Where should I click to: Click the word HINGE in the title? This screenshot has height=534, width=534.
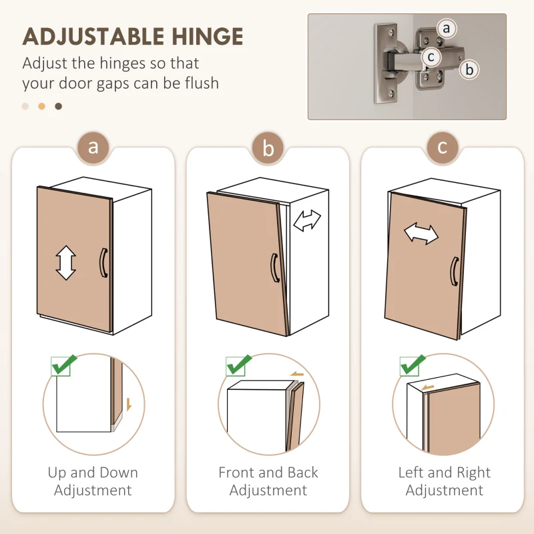tap(208, 37)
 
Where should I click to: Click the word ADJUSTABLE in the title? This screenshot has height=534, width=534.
tap(93, 37)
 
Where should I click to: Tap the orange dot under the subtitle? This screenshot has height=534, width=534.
tap(41, 106)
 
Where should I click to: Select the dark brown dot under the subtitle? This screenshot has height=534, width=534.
tap(59, 106)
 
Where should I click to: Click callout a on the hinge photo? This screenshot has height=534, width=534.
tap(447, 28)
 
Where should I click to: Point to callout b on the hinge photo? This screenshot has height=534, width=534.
tap(469, 69)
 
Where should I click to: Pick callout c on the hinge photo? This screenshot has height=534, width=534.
tap(431, 57)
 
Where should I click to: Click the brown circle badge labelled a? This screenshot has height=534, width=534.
tap(93, 148)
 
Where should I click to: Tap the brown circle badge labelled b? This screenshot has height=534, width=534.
tap(268, 148)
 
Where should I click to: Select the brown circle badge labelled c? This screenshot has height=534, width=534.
tap(443, 148)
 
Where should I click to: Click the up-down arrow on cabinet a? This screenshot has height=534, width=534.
tap(65, 262)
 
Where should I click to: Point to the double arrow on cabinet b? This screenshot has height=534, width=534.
tap(307, 221)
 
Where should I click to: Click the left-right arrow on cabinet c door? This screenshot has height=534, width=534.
tap(421, 234)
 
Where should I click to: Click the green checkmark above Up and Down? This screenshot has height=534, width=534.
tap(64, 364)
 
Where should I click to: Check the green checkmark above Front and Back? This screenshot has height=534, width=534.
tap(239, 364)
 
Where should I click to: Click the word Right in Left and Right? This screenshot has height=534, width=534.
tap(473, 473)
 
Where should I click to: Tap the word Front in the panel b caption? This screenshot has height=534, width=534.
tap(237, 473)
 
